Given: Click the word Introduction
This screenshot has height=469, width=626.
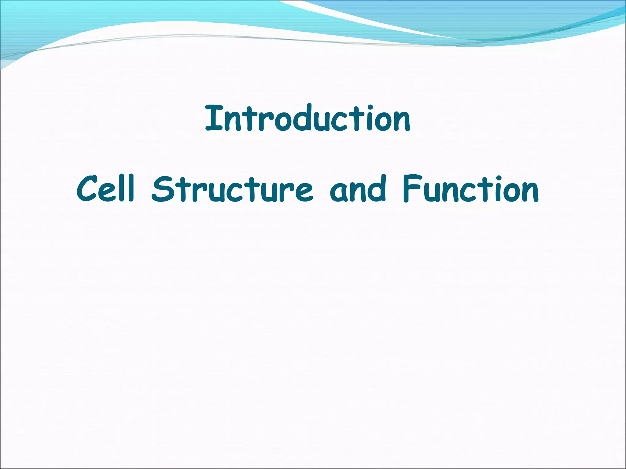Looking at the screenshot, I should click(307, 118).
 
